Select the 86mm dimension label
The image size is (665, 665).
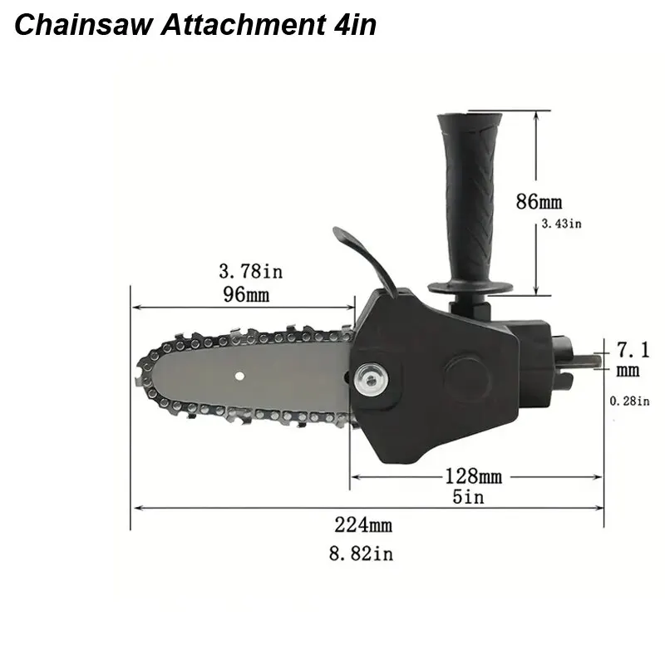539,201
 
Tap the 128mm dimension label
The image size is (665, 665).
474,476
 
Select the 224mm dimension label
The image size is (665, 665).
363,525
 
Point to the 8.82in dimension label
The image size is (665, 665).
361,553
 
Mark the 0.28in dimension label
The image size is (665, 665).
629,401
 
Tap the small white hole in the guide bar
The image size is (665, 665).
239,375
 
